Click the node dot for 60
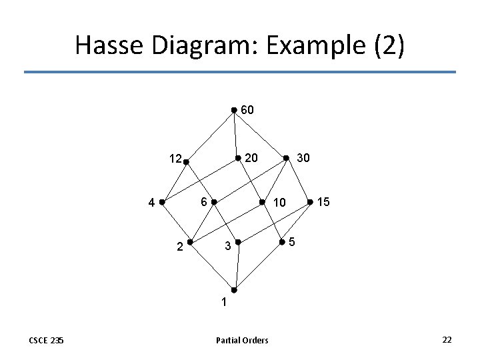pos(233,110)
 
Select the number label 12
pos(175,159)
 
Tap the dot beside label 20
pos(239,158)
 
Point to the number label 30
pos(302,158)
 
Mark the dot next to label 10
pos(262,201)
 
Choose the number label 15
pos(323,201)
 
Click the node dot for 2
pos(190,242)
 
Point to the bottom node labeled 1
pos(234,290)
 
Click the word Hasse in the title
pos(110,46)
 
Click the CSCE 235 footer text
pos(46,341)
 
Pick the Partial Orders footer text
pos(242,341)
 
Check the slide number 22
pos(447,340)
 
